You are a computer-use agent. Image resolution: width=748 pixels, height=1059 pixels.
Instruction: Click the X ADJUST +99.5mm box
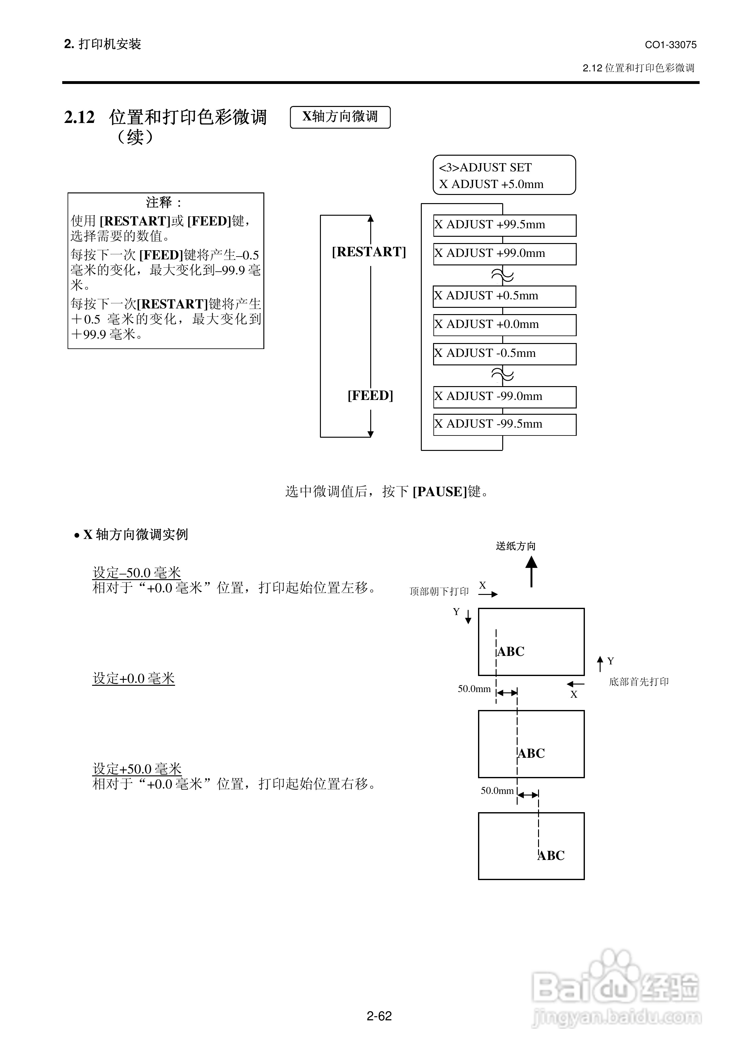click(504, 225)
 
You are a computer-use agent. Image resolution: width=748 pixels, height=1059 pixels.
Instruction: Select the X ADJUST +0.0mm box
click(504, 325)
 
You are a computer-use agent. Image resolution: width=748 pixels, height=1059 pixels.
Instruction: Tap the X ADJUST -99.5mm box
click(504, 424)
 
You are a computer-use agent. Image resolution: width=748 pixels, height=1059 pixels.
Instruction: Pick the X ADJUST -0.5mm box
click(504, 354)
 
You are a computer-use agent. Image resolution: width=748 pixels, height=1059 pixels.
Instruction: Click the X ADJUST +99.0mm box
click(504, 254)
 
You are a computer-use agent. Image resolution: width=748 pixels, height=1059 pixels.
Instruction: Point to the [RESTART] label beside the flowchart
click(369, 252)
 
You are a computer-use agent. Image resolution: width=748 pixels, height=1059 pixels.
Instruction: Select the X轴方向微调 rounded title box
click(340, 117)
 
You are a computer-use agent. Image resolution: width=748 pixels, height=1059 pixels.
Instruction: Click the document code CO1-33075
click(670, 45)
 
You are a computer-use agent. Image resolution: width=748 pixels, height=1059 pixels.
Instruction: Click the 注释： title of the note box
click(164, 202)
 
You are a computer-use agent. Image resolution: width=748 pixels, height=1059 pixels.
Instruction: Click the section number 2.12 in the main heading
click(79, 117)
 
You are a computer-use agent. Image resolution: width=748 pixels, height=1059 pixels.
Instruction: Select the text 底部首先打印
click(639, 682)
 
